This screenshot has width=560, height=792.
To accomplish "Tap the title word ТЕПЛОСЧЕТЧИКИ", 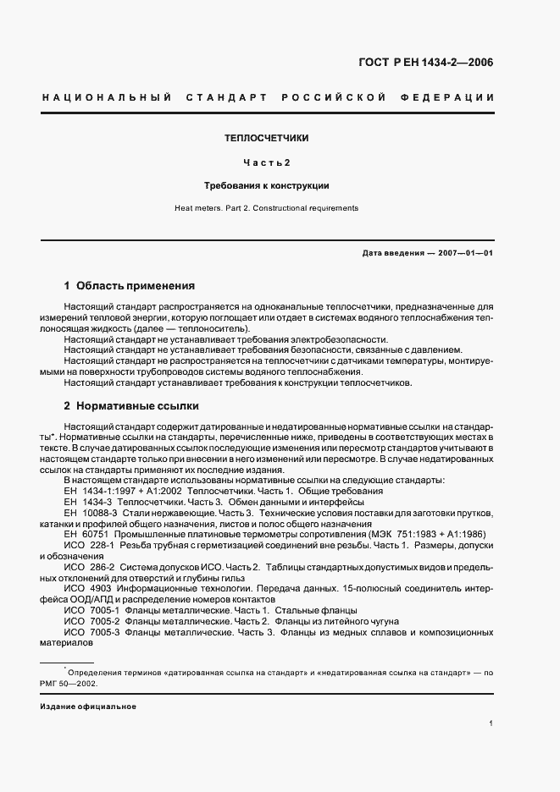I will pyautogui.click(x=266, y=137).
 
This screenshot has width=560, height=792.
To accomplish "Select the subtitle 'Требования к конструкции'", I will pyautogui.click(x=266, y=184).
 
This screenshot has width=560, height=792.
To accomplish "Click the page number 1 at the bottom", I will pyautogui.click(x=491, y=723).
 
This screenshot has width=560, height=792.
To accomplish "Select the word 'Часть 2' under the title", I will pyautogui.click(x=266, y=162).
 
